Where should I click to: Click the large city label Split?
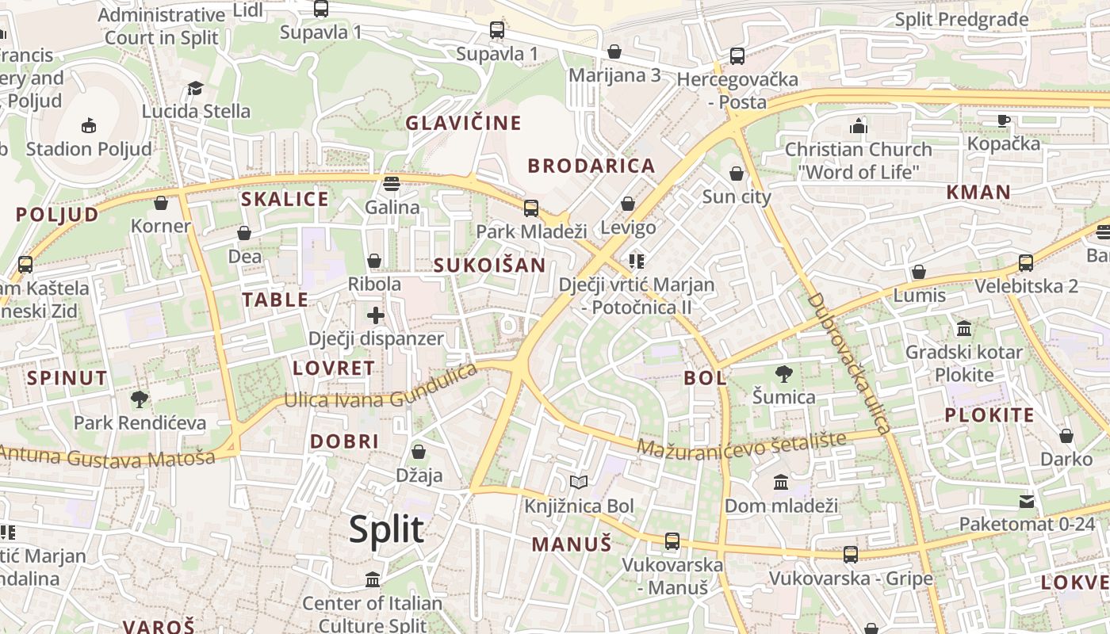386,529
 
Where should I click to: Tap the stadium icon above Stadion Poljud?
89,125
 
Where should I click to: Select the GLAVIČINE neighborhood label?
464,123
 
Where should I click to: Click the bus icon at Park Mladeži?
531,208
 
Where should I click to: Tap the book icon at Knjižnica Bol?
579,482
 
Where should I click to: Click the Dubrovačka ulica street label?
850,363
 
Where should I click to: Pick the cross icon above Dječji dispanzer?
376,315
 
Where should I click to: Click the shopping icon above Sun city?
737,174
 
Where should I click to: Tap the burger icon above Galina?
391,184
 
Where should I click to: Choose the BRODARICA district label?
591,166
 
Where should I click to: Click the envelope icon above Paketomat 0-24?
1027,501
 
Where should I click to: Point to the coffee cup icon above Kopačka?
1003,120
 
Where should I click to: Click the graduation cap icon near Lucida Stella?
195,88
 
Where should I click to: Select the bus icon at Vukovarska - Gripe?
851,555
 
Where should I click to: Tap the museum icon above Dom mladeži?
781,482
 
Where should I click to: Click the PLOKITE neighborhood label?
989,414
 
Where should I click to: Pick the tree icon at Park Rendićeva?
140,399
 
